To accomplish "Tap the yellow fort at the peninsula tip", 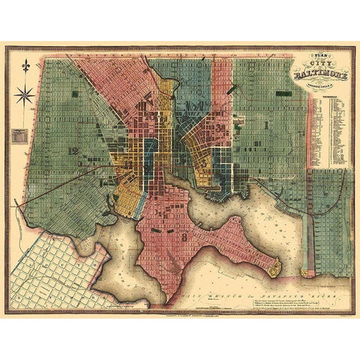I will tap(274, 265).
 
